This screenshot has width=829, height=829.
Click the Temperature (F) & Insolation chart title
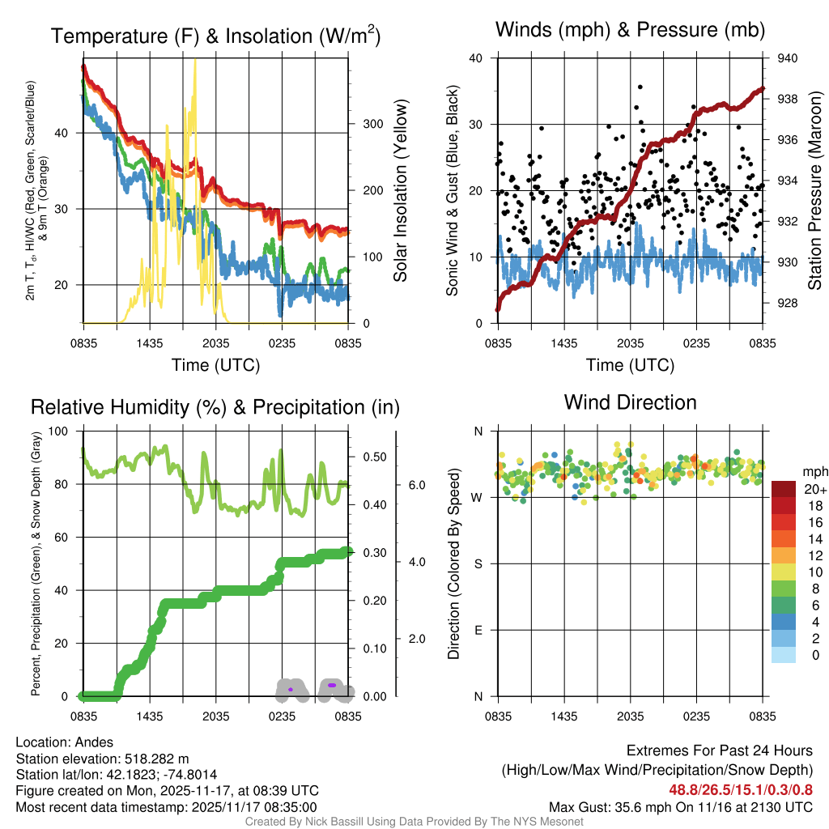[x=215, y=36]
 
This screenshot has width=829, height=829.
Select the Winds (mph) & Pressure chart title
[x=630, y=31]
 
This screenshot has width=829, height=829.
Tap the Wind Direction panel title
[x=630, y=402]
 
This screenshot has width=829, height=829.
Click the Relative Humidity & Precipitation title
[x=215, y=407]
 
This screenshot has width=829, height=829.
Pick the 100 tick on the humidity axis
[x=68, y=432]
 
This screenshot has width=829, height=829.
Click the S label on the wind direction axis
[x=478, y=563]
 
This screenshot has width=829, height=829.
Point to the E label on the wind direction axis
[x=478, y=630]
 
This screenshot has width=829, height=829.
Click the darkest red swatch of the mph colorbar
[x=784, y=489]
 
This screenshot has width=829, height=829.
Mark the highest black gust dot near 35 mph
[x=640, y=87]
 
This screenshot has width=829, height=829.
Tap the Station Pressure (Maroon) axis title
[x=815, y=191]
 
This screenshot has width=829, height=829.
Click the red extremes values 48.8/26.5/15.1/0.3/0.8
[x=740, y=789]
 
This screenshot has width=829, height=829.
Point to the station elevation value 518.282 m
[x=156, y=759]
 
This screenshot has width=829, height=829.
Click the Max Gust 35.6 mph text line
[x=680, y=806]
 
